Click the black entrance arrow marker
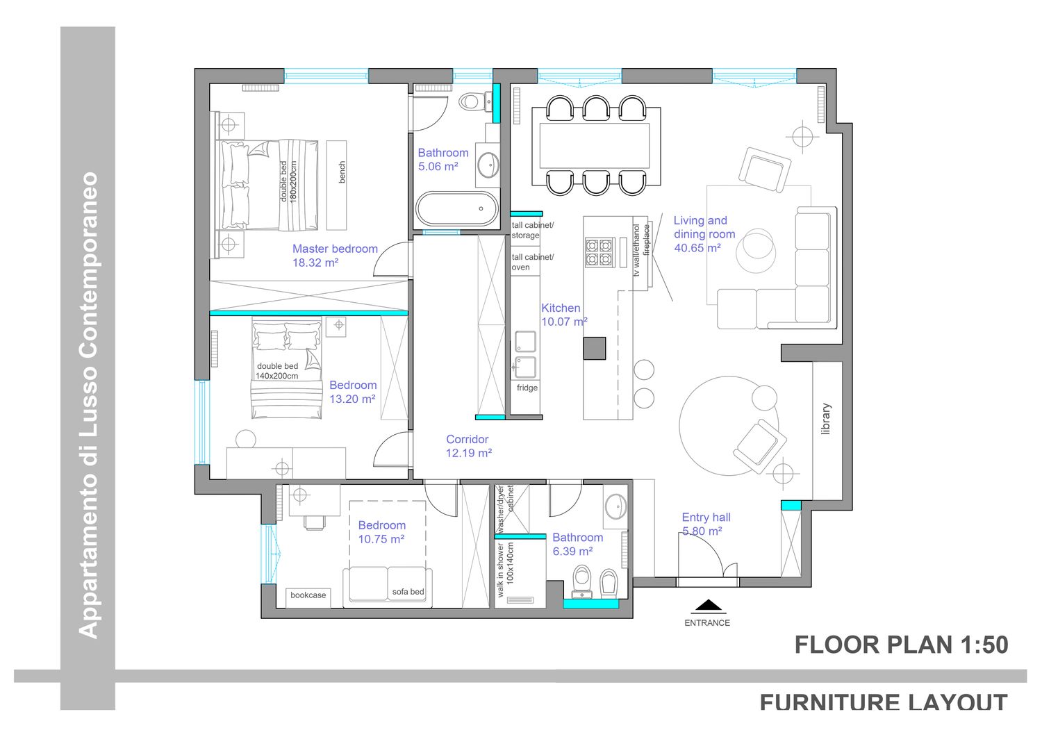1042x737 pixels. pos(709,605)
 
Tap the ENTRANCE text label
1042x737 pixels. pos(707,623)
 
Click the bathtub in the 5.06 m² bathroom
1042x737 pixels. pos(457,209)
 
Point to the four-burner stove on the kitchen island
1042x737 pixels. pos(599,252)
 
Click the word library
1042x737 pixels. pos(826,419)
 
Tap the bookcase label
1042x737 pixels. pos(308,595)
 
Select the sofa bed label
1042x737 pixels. pos(408,592)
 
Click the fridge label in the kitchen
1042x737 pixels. pos(527,388)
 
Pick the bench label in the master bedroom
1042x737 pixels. pos(342,172)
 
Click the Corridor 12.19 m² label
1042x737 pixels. pos(468,446)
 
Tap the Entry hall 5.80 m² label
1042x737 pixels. pos(706,524)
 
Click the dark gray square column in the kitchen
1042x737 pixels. pos(595,349)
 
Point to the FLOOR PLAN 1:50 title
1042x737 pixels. pos(901,645)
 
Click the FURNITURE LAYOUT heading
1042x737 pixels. pos(884,702)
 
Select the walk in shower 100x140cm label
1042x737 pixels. pos(505,570)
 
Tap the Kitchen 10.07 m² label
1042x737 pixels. pos(564,315)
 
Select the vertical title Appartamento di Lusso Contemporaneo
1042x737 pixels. pos(88,405)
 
